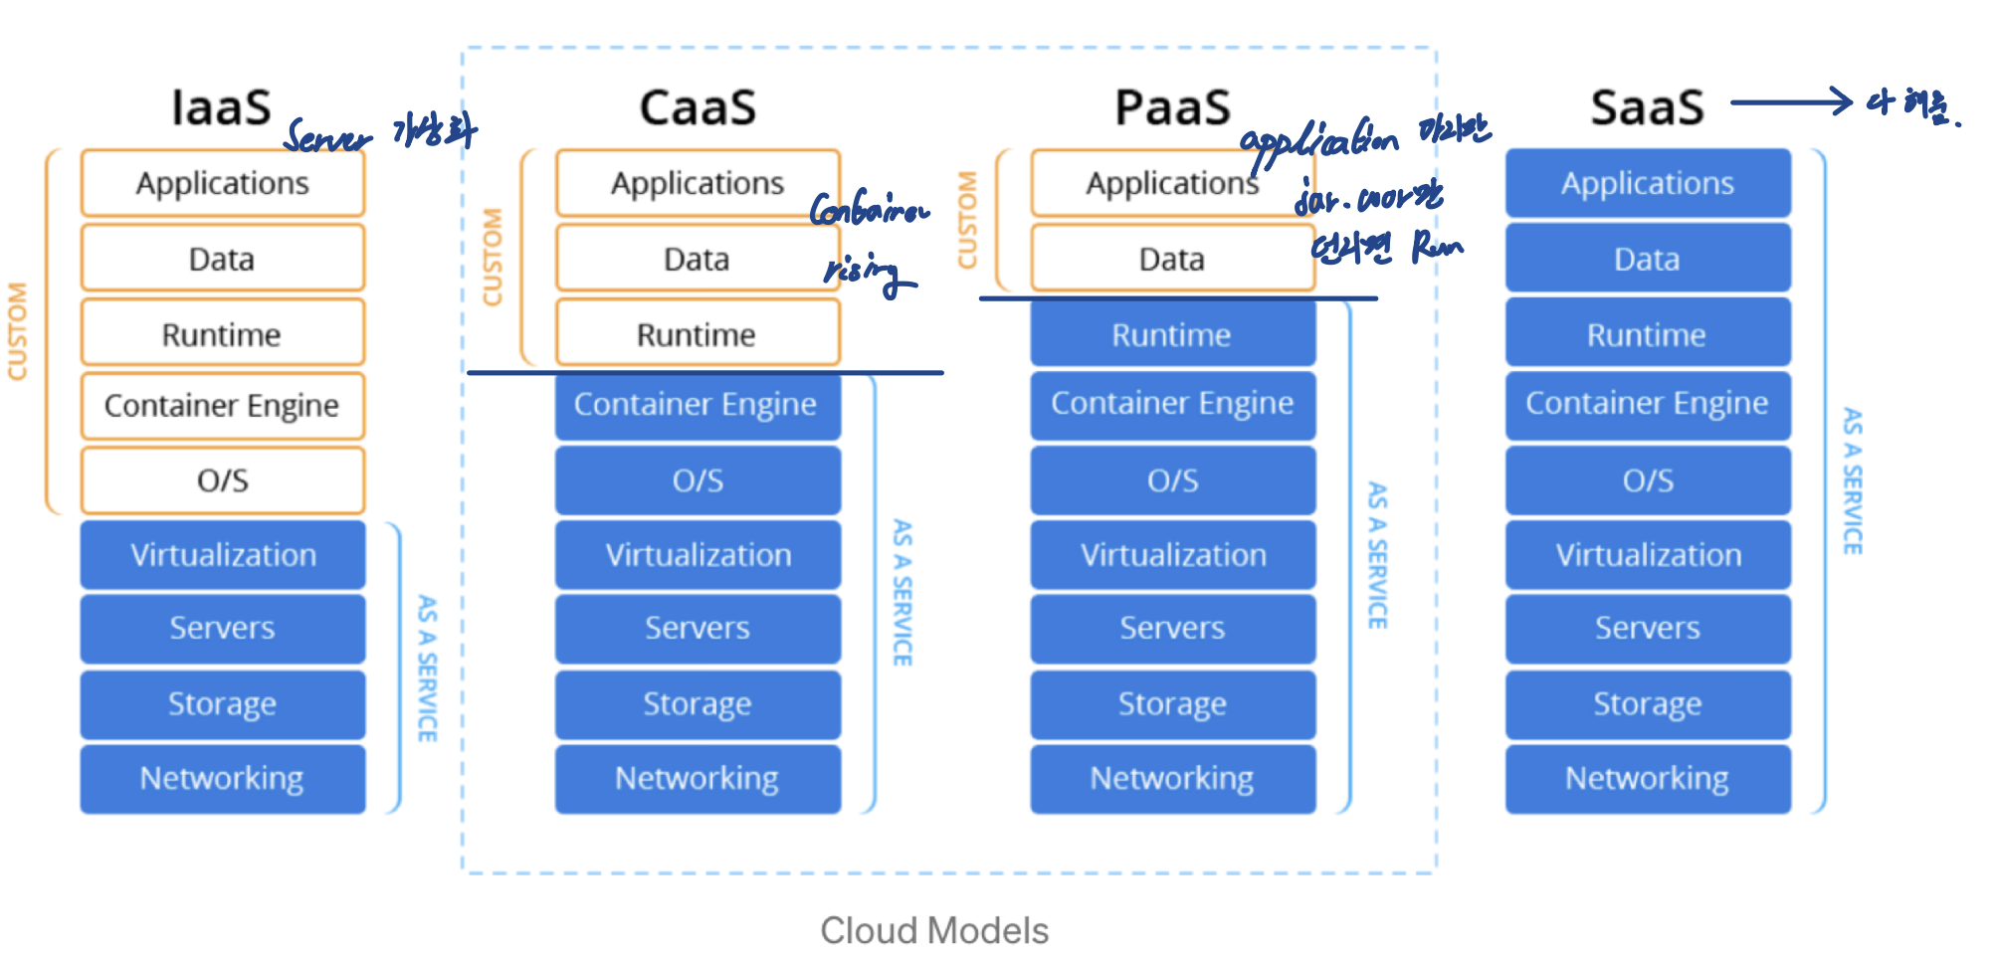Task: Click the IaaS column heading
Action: (x=221, y=107)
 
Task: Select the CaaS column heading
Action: (x=698, y=107)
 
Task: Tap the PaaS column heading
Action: (x=1172, y=107)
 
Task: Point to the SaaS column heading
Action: (x=1647, y=107)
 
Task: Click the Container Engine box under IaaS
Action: (x=222, y=406)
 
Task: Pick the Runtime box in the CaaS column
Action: (x=697, y=334)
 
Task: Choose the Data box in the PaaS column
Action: (x=1172, y=259)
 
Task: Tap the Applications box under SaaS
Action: (x=1648, y=183)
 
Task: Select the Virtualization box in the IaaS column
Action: (x=223, y=555)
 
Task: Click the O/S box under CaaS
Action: (x=698, y=480)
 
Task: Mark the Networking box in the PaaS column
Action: (x=1172, y=778)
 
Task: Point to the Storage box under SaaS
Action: (x=1648, y=703)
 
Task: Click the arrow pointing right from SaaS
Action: (x=1791, y=101)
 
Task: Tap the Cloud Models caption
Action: (x=934, y=930)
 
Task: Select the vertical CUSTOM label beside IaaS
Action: (x=18, y=331)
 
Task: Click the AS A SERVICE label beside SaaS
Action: (x=1852, y=480)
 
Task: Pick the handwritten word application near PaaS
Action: (x=1318, y=144)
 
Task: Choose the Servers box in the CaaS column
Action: (x=698, y=628)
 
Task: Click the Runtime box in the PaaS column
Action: (x=1172, y=334)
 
